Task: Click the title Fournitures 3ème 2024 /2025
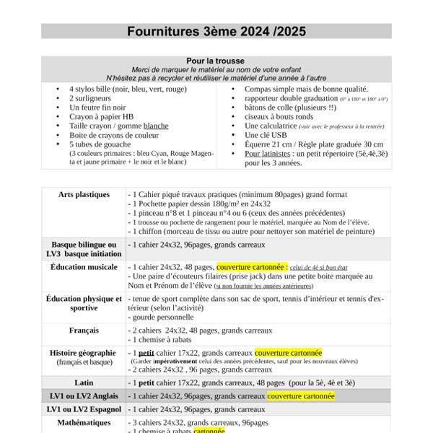(216, 31)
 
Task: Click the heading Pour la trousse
(216, 61)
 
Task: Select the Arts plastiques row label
(84, 194)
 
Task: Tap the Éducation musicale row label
(84, 267)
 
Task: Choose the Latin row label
(84, 382)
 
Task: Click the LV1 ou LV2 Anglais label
(84, 396)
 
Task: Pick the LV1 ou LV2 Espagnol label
(84, 409)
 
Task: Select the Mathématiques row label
(84, 423)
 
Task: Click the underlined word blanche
(156, 126)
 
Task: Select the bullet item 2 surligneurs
(92, 97)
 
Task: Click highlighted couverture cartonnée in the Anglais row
(301, 396)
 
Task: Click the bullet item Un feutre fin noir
(99, 107)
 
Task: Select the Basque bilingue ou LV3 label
(84, 250)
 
